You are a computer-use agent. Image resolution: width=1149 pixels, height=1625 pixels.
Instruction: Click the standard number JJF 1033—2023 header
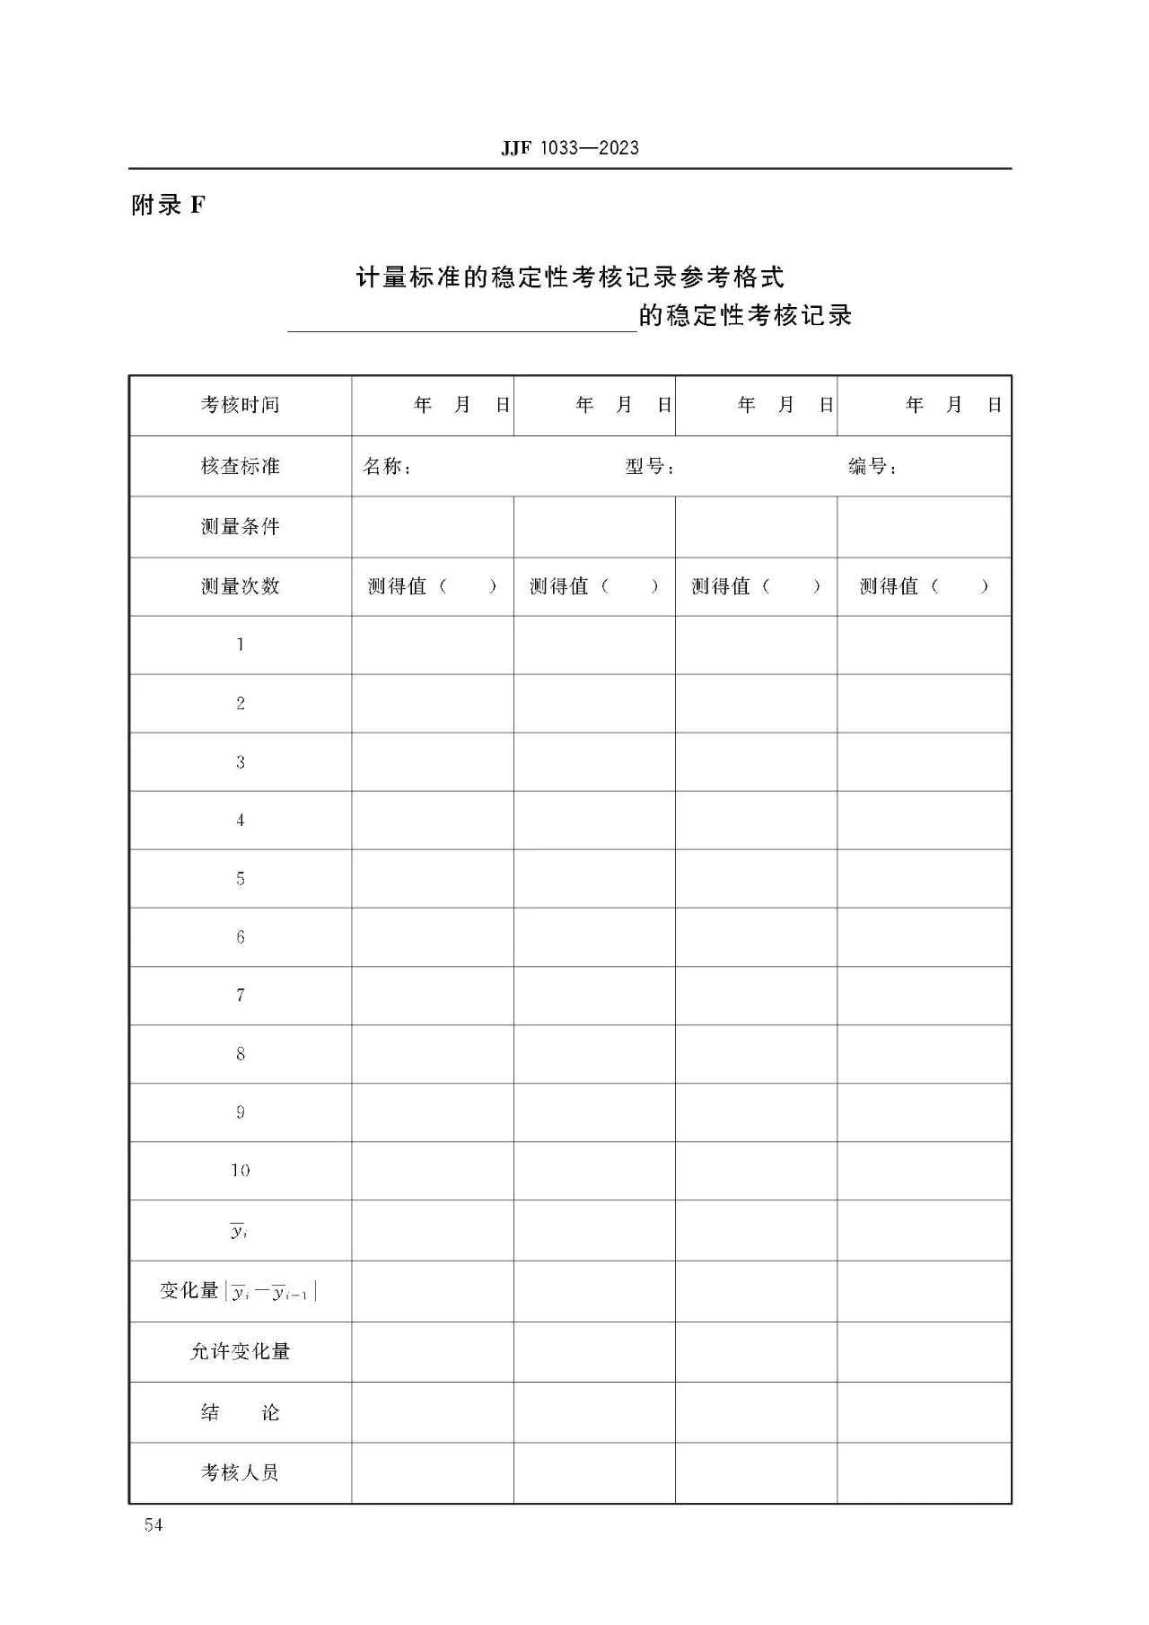[570, 148]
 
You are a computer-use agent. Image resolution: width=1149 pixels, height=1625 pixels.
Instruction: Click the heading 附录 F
[168, 206]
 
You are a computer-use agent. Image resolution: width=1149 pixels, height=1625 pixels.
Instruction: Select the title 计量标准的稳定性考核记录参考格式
[570, 277]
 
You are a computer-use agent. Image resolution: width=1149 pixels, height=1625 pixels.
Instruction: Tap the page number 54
[153, 1524]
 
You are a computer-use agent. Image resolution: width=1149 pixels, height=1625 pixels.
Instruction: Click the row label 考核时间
[240, 405]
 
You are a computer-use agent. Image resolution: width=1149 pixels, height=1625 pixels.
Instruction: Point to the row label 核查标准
[240, 466]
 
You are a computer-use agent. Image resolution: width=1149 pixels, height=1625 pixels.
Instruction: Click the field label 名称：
[387, 467]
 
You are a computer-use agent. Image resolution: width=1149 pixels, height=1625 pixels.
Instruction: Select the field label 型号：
[650, 467]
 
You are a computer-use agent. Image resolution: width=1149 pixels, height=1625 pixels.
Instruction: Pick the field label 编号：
[873, 467]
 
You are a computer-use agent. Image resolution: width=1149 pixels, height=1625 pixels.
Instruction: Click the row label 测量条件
[240, 526]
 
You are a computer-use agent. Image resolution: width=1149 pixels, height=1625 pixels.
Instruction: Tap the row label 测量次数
[240, 586]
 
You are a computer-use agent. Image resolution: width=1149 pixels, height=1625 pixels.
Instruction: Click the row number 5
[240, 878]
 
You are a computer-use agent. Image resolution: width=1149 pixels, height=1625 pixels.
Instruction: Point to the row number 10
[240, 1171]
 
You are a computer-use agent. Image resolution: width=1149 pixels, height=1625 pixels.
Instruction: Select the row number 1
[240, 645]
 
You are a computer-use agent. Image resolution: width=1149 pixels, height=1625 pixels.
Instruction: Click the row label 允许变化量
[240, 1351]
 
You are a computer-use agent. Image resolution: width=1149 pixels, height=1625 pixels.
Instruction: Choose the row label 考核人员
[240, 1472]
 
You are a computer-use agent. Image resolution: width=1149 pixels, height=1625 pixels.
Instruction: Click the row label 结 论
[240, 1412]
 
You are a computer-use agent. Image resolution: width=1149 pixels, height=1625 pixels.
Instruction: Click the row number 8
[240, 1054]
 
